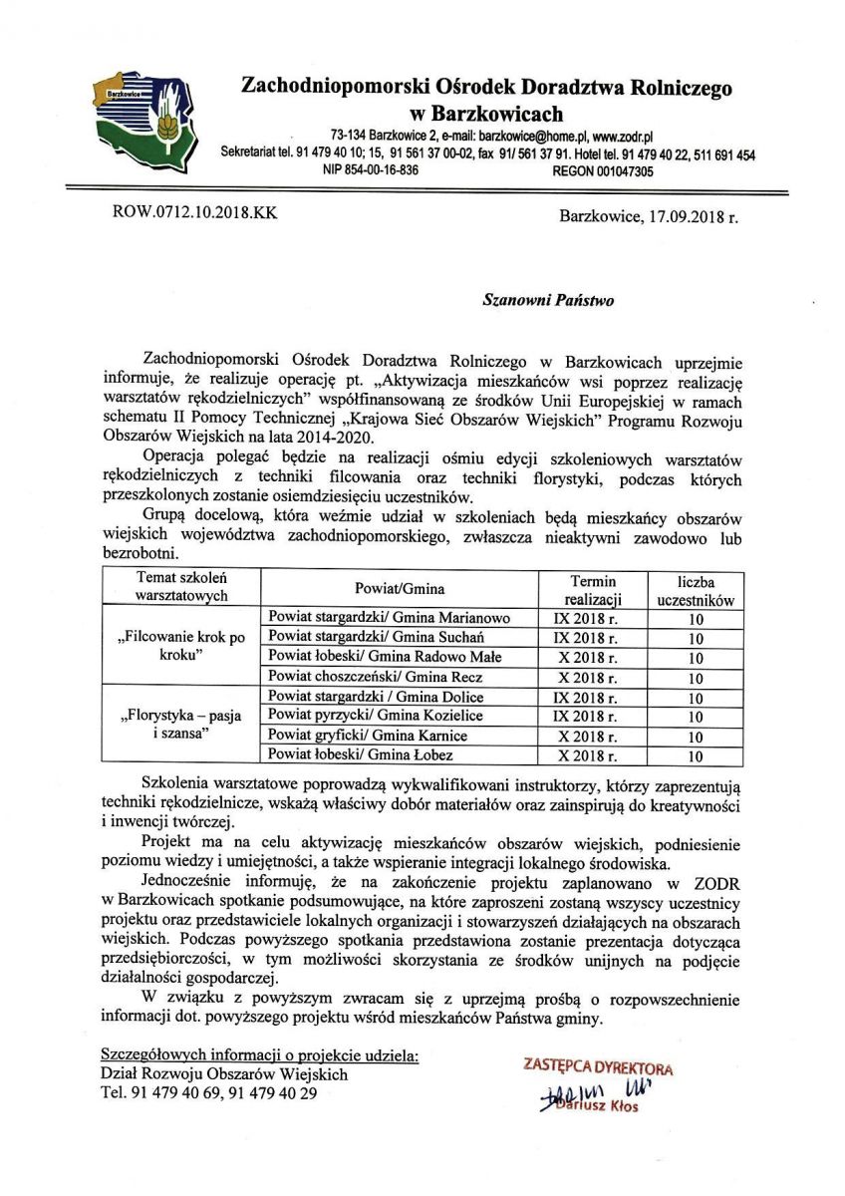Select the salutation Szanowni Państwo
pos(548,298)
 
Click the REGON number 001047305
pos(603,170)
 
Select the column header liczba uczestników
pos(696,590)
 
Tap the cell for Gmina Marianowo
pos(390,618)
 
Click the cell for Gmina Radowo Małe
pos(386,657)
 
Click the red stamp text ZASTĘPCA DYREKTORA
pos(598,1067)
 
